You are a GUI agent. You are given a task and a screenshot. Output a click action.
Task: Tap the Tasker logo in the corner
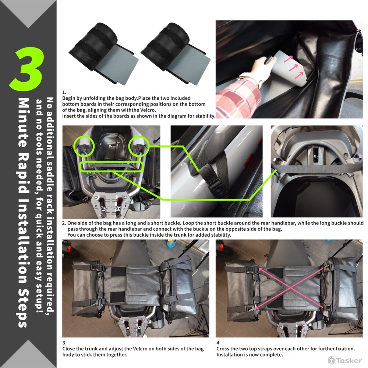pyautogui.click(x=345, y=360)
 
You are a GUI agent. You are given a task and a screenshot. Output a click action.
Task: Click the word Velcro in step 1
pyautogui.click(x=148, y=110)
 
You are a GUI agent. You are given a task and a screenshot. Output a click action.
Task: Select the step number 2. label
pyautogui.click(x=64, y=223)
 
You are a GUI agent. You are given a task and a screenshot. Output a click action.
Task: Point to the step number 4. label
pyautogui.click(x=219, y=343)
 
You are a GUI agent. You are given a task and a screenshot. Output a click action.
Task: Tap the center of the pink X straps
pyautogui.click(x=291, y=288)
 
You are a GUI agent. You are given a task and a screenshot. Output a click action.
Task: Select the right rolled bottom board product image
pyautogui.click(x=176, y=53)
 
